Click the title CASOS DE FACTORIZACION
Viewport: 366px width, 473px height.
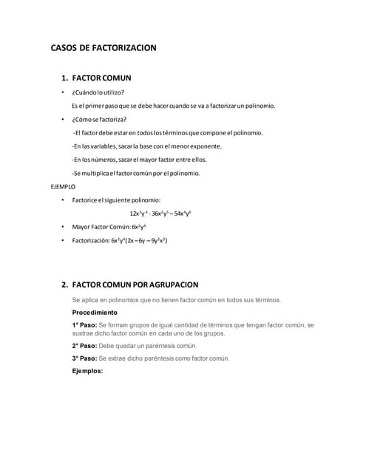coord(103,48)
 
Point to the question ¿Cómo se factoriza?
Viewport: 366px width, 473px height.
coord(99,119)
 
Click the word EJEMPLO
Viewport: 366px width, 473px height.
coord(63,187)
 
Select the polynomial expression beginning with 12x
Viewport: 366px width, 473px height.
coord(160,214)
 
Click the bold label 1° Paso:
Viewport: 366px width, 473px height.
coord(85,324)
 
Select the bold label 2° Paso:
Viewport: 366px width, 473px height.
coord(85,345)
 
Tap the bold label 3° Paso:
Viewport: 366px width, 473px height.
coord(85,358)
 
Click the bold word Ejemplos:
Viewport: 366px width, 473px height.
coord(87,371)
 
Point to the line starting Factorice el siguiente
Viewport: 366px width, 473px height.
coord(116,200)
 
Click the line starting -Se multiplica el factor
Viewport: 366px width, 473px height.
coord(135,173)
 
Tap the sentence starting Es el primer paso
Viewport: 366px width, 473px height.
coord(173,106)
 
